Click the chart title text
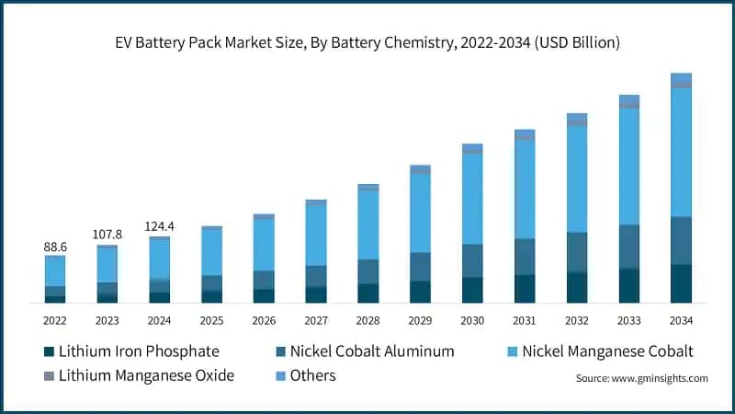click(x=367, y=42)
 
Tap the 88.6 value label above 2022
click(x=55, y=247)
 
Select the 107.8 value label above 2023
click(x=107, y=235)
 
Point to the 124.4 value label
click(x=160, y=225)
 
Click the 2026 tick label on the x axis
click(x=264, y=320)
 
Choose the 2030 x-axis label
click(x=472, y=320)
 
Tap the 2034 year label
click(x=681, y=320)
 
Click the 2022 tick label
click(x=55, y=320)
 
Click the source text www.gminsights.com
click(x=641, y=378)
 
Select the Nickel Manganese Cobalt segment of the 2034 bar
click(x=681, y=152)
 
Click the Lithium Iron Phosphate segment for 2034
click(x=681, y=283)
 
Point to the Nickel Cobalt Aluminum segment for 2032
click(x=577, y=252)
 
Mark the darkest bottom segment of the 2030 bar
click(x=472, y=290)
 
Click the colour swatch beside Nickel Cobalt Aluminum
click(x=279, y=351)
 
